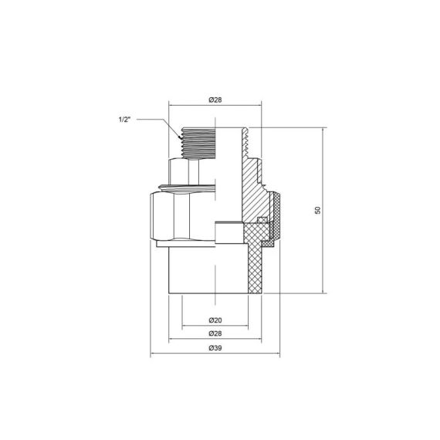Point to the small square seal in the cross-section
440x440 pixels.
coord(262,222)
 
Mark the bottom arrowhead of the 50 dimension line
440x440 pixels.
coord(323,291)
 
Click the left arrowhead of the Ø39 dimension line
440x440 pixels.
coord(153,356)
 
